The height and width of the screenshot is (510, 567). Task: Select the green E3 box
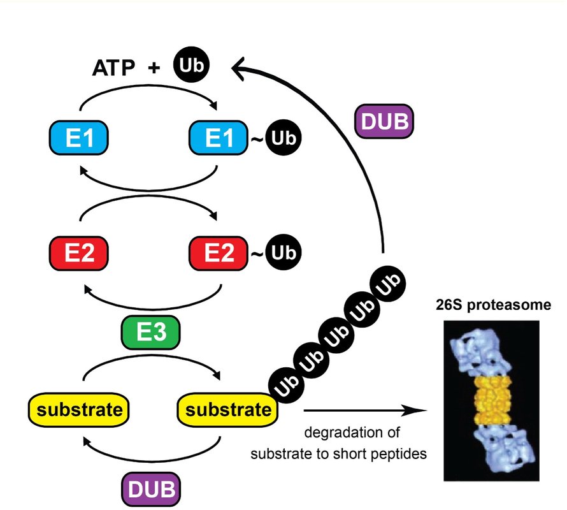point(151,331)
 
